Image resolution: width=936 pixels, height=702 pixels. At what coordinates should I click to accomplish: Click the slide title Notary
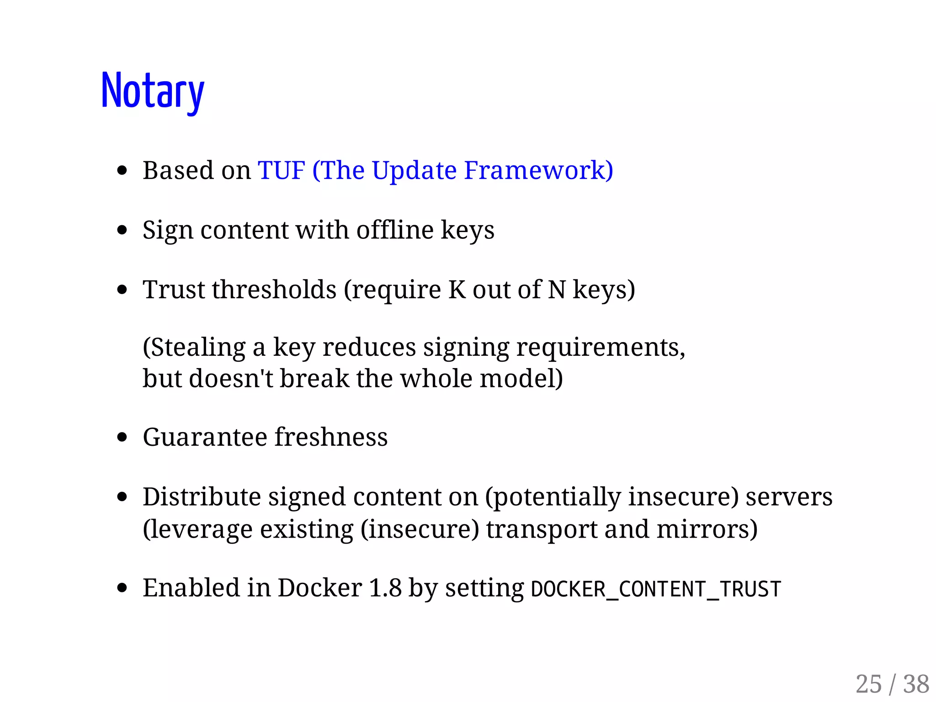click(x=152, y=91)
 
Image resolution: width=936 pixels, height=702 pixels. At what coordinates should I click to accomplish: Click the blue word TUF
click(x=281, y=170)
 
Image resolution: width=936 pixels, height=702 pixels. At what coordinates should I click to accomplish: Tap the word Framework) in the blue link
click(x=538, y=170)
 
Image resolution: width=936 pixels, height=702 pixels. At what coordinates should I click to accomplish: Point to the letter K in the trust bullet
click(x=457, y=290)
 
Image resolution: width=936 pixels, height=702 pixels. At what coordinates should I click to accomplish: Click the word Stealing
click(x=194, y=348)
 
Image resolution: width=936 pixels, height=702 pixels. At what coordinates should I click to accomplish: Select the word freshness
click(x=331, y=437)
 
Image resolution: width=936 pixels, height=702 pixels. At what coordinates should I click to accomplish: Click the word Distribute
click(x=202, y=497)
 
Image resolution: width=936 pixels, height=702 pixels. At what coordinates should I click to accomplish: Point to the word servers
click(x=789, y=497)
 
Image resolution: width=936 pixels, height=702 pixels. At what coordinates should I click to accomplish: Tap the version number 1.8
click(x=385, y=588)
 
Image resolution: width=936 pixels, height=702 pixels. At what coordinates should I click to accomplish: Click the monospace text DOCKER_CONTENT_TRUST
click(x=656, y=589)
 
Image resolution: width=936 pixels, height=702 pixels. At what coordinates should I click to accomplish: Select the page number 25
click(x=868, y=684)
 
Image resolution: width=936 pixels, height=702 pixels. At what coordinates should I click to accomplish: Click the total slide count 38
click(x=916, y=684)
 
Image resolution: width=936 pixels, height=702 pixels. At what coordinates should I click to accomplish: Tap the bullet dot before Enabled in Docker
click(x=122, y=588)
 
